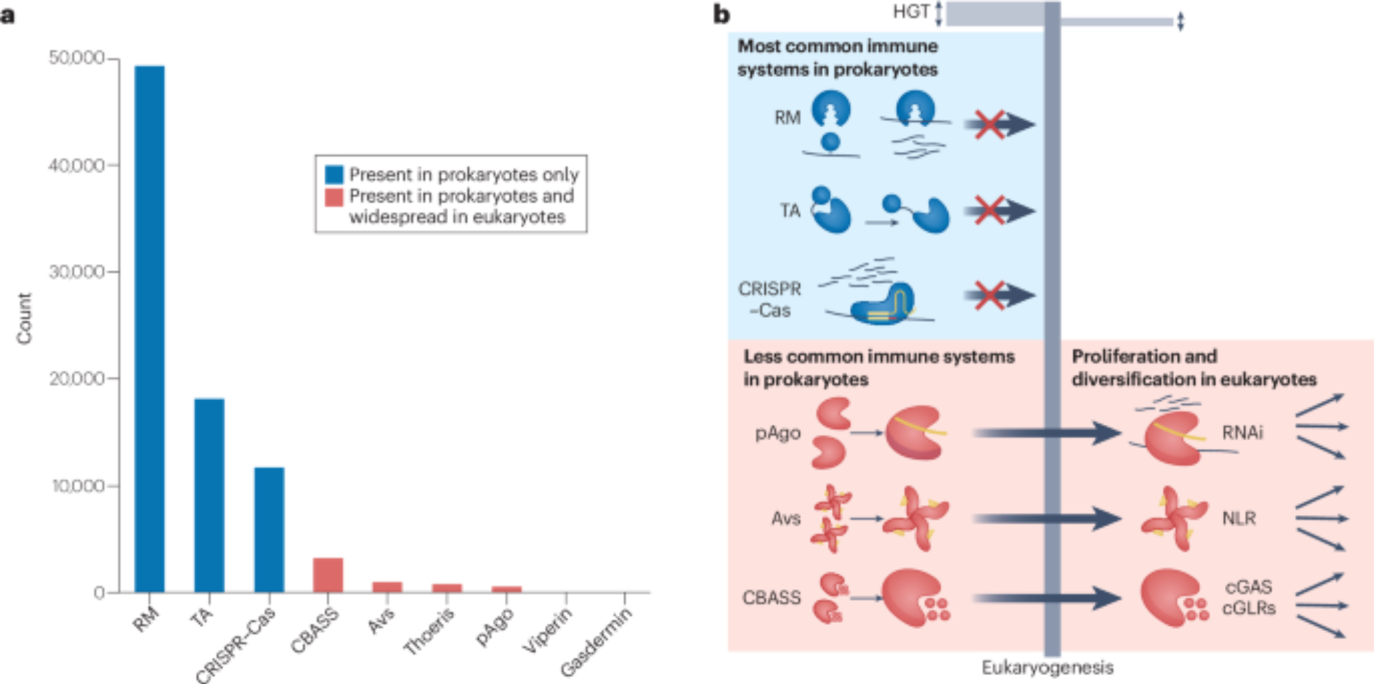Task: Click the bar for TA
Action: (209, 495)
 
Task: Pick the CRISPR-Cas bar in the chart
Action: (269, 529)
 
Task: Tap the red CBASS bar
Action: (328, 575)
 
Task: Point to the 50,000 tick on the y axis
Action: (76, 58)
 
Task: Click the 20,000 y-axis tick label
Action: (76, 379)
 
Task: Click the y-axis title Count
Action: (25, 318)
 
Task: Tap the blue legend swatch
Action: (334, 175)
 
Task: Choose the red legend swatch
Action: (334, 197)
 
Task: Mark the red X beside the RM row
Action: (989, 124)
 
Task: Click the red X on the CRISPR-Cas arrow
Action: (989, 296)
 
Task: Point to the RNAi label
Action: (1242, 432)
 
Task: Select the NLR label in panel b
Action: (1239, 518)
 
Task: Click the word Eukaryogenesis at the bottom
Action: (1047, 668)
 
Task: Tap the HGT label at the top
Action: (911, 12)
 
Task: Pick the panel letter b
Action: (721, 14)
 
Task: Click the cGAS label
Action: (1248, 587)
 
